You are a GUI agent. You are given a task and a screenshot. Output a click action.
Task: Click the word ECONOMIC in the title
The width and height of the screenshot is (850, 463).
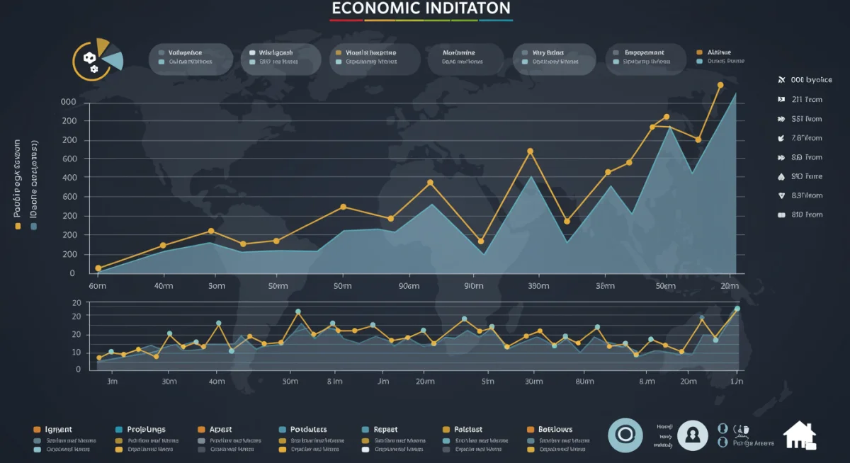(375, 8)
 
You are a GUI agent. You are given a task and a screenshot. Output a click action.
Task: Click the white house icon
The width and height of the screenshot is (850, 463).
(799, 435)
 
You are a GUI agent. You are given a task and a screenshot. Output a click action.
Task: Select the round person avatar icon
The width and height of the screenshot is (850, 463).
(693, 434)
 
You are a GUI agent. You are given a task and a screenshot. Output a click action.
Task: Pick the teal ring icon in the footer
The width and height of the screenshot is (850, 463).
(625, 434)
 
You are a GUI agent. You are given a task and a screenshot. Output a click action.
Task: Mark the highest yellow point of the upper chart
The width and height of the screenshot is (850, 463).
(720, 85)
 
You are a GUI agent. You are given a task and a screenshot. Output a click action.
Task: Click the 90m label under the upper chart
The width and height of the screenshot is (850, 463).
(408, 286)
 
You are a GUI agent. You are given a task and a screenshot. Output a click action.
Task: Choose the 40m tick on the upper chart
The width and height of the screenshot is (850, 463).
(164, 286)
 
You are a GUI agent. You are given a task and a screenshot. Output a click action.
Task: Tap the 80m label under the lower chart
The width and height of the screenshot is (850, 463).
(584, 382)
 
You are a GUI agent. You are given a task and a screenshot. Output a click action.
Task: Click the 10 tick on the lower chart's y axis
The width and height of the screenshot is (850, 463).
(77, 353)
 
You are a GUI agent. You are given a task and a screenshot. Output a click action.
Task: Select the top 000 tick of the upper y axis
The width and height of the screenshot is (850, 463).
(69, 102)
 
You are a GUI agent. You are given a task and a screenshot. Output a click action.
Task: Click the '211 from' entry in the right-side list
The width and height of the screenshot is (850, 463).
(806, 100)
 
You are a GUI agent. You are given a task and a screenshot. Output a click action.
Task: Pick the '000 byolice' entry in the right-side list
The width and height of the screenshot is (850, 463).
(811, 81)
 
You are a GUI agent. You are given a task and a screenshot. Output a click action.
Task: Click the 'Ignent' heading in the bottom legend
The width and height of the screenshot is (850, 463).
(58, 430)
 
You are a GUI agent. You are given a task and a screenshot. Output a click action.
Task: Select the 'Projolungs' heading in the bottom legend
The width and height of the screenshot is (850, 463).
(145, 430)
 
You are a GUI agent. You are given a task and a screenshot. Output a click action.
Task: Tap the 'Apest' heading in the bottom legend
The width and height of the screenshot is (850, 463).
(220, 430)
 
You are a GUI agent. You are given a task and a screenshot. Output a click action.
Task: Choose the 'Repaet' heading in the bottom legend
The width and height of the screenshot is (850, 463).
(385, 430)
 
